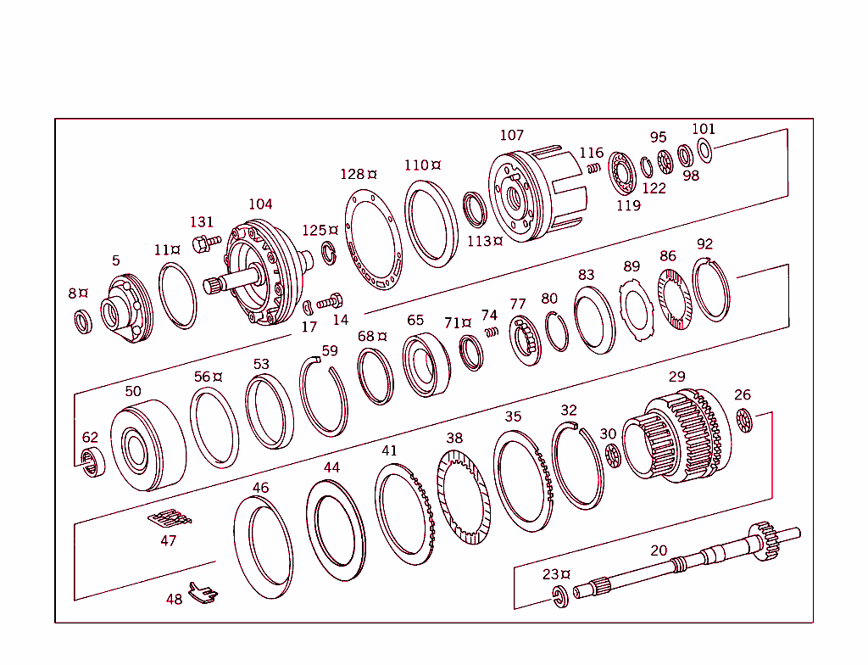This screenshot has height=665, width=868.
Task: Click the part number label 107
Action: (x=511, y=135)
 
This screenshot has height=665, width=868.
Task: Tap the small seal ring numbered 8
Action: (x=83, y=321)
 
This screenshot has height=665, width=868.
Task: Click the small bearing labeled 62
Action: (x=92, y=463)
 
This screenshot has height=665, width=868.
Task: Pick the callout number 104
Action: (x=260, y=204)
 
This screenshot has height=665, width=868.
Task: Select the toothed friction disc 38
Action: (x=464, y=497)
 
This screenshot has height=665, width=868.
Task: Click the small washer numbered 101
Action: (x=704, y=151)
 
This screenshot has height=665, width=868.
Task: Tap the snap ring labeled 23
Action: (x=560, y=595)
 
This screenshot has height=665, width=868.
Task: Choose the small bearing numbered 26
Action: (x=744, y=419)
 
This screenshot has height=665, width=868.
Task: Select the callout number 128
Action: (x=352, y=174)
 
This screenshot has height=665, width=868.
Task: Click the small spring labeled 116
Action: (x=594, y=168)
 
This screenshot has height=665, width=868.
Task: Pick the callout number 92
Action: (x=704, y=244)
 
